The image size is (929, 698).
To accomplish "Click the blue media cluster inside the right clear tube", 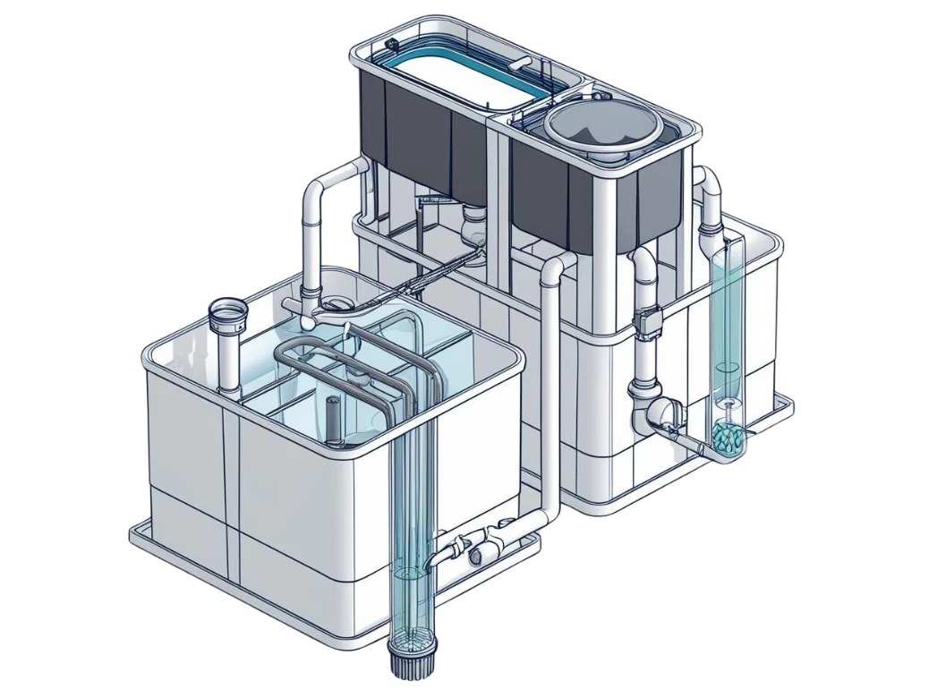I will pyautogui.click(x=727, y=437).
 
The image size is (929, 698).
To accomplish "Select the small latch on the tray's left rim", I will pyautogui.click(x=391, y=45).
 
